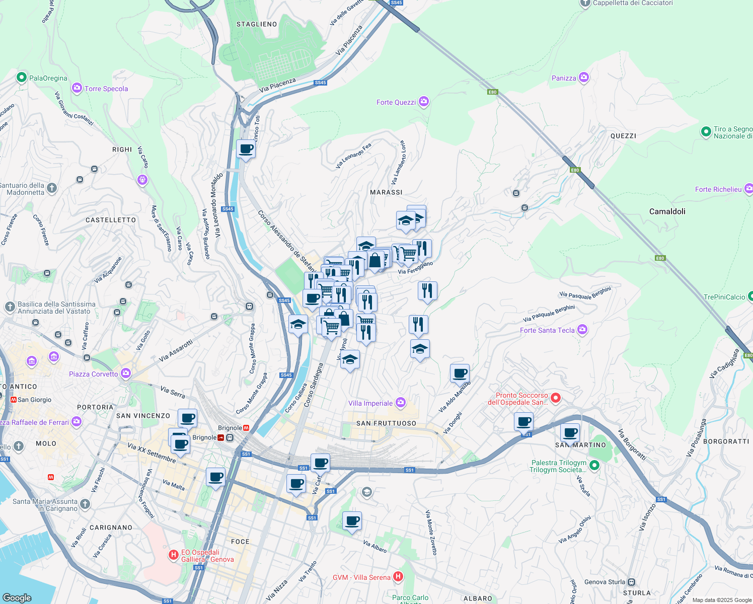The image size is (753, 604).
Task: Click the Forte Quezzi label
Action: (x=396, y=102)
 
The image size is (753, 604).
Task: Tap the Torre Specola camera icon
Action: (x=77, y=89)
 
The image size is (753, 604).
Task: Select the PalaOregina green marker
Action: (x=21, y=78)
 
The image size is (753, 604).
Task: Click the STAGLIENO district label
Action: (x=257, y=24)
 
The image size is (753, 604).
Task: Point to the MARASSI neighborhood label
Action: (x=386, y=192)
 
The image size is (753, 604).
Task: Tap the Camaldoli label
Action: (x=667, y=211)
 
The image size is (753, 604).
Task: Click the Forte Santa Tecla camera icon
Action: (x=582, y=330)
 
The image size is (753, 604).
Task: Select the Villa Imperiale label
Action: (x=370, y=403)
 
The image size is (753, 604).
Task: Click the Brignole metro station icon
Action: (x=246, y=428)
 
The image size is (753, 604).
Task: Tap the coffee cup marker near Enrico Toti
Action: (x=246, y=149)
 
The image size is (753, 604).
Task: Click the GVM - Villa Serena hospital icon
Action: (x=398, y=577)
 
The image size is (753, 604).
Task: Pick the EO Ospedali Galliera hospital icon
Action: (x=174, y=555)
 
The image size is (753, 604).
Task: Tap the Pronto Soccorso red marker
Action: (x=556, y=398)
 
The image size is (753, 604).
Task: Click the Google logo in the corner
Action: (x=17, y=597)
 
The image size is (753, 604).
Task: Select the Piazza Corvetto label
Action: (x=94, y=374)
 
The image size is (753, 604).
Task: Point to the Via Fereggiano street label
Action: (x=415, y=268)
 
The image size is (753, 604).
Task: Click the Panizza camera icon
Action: (x=584, y=78)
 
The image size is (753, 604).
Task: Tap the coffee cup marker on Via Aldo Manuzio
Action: (x=460, y=373)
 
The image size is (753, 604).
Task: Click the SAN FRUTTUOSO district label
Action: (x=386, y=423)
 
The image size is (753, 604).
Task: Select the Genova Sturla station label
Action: (x=605, y=582)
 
